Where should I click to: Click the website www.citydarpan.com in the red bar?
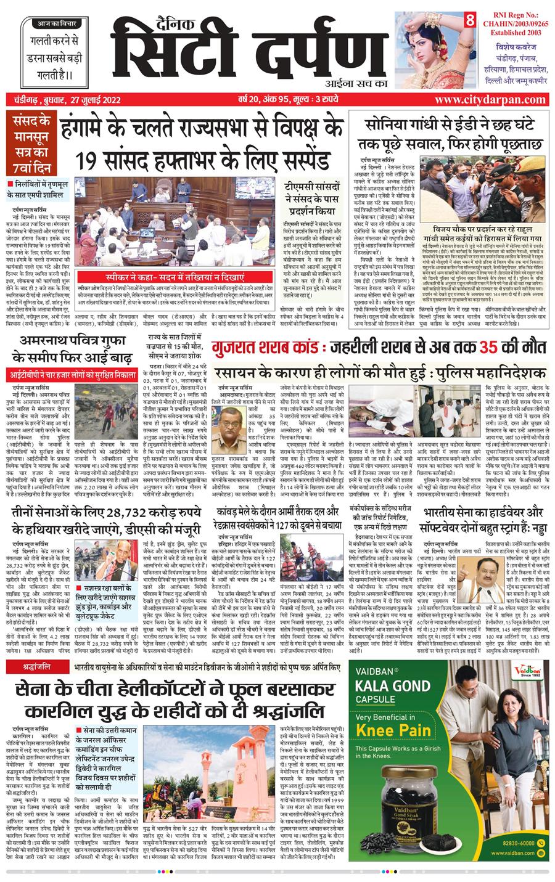(491, 100)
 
